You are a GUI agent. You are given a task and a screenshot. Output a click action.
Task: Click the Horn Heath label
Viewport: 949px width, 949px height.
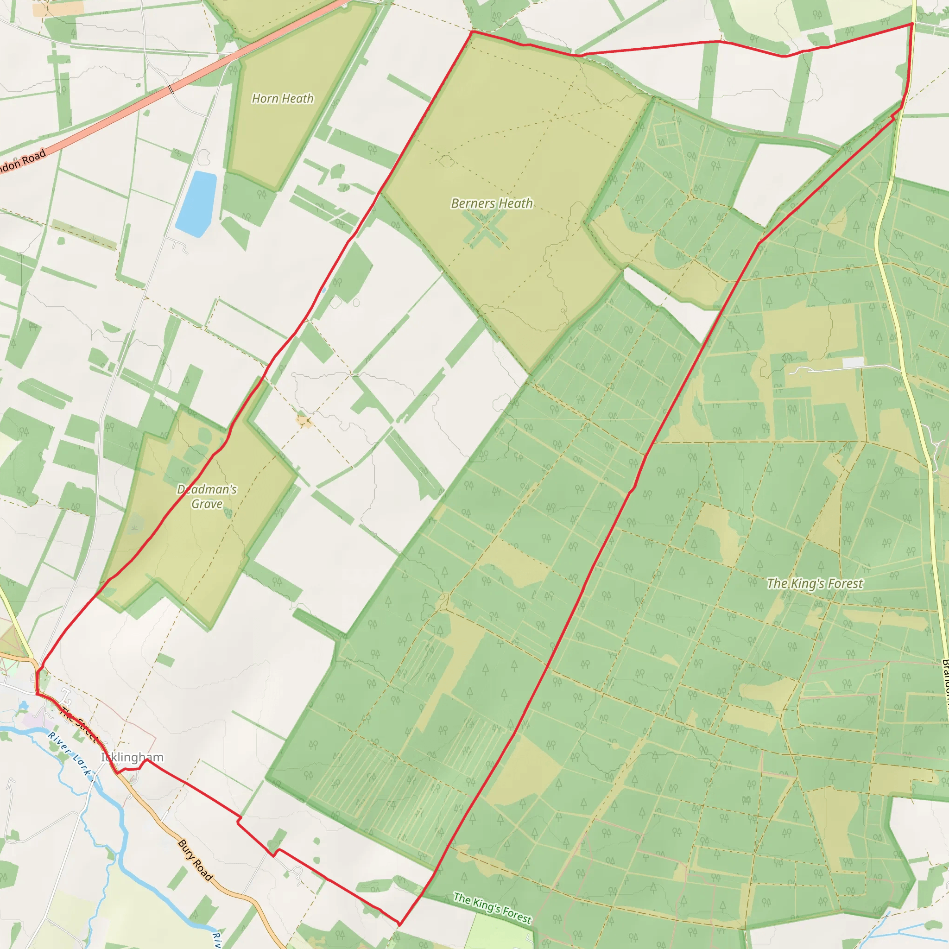pos(283,99)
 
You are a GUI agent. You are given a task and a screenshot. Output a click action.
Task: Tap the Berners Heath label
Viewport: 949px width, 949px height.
pos(492,203)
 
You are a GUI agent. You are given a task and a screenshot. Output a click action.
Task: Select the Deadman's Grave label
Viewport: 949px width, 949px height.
pos(207,496)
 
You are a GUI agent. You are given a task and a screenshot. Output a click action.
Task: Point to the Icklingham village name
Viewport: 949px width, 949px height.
pos(132,757)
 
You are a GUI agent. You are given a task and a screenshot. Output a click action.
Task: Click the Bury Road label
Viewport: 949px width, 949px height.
pos(195,860)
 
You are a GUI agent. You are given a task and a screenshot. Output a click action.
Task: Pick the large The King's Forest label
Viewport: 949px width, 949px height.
pos(815,583)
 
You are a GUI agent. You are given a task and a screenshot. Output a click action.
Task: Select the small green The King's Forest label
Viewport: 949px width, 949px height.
pos(492,908)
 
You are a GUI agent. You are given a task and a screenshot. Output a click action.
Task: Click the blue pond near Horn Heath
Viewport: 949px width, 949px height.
pos(196,203)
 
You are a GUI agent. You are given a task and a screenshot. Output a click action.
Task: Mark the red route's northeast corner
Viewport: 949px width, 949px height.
pos(912,23)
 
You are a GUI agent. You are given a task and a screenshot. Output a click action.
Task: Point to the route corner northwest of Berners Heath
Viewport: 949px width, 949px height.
pos(472,32)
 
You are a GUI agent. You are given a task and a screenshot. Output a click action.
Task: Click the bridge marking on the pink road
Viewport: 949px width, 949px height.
pos(171,89)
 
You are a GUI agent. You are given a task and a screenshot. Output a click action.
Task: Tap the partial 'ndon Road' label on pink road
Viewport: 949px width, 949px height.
pos(22,161)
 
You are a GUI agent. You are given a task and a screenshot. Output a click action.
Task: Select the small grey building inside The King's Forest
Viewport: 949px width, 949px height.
pos(853,362)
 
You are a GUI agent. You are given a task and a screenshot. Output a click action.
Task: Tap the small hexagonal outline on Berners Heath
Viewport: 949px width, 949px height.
pos(445,161)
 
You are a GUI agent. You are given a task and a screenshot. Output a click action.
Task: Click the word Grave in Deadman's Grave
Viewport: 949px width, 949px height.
pos(207,504)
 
